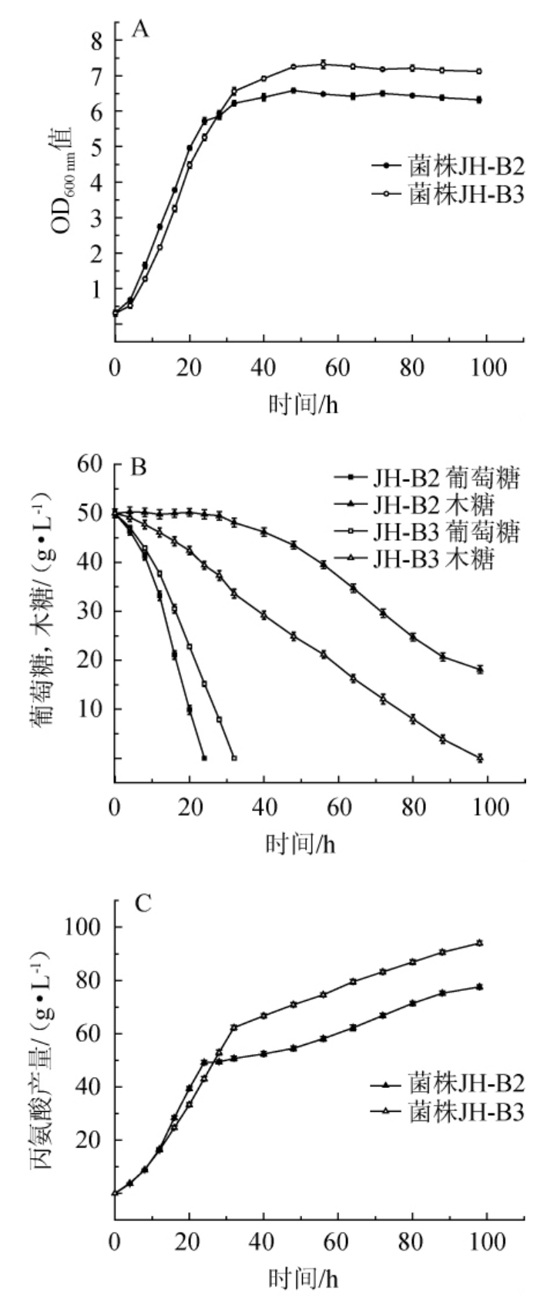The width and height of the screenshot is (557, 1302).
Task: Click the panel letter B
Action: [139, 467]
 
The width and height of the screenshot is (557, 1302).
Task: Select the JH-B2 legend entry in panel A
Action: [447, 166]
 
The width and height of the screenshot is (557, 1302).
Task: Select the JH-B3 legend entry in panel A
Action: [447, 195]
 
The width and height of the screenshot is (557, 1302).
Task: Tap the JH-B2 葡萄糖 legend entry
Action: [428, 478]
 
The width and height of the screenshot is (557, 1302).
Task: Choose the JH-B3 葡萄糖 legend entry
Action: [428, 533]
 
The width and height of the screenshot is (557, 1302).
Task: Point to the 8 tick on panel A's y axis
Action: [97, 41]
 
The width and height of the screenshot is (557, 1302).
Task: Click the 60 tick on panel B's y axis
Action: [91, 464]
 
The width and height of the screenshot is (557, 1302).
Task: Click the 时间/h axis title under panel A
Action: [303, 404]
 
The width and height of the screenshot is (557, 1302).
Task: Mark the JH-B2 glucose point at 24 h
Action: [204, 758]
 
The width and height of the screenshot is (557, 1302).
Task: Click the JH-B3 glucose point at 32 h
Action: [234, 758]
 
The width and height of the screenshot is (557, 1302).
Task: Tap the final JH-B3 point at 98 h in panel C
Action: [479, 942]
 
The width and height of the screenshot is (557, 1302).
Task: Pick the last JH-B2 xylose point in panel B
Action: [479, 669]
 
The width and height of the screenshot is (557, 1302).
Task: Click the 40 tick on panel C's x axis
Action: [263, 1243]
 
